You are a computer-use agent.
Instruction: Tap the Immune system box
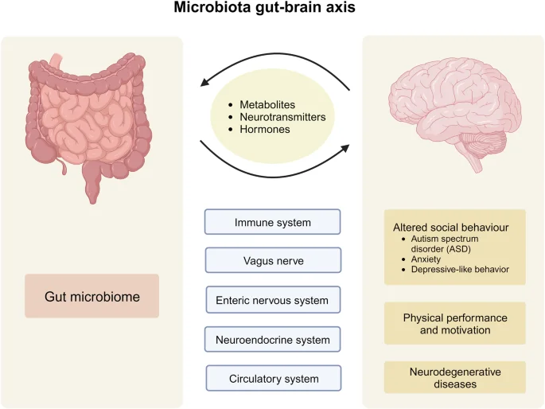273,222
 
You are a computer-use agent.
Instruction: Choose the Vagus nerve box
273,260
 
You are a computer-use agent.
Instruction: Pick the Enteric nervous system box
273,300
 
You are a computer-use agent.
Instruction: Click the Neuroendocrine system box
273,339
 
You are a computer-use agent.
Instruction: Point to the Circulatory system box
273,378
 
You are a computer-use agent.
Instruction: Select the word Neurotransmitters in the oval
282,116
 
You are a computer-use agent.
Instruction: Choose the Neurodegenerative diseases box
454,376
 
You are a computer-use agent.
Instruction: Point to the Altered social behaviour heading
450,225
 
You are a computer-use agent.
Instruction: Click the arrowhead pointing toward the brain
347,148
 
